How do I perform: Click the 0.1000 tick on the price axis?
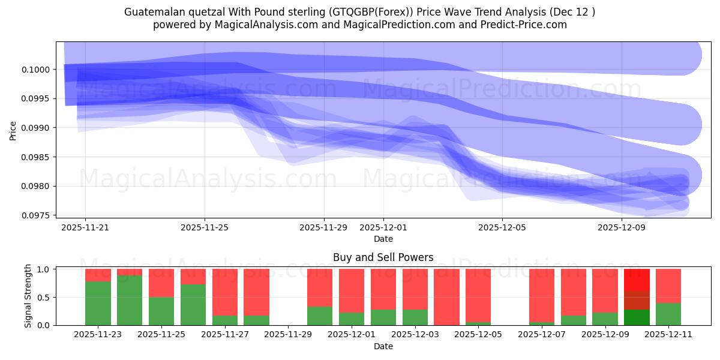click(x=38, y=70)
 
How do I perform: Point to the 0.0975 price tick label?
click(x=38, y=215)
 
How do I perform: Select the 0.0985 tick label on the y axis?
click(x=38, y=157)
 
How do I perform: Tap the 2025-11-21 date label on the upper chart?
click(x=85, y=227)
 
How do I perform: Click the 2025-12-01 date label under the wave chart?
click(x=383, y=227)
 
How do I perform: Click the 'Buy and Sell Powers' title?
click(x=383, y=257)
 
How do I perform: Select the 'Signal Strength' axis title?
click(x=28, y=297)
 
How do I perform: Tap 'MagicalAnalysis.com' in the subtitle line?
click(x=262, y=25)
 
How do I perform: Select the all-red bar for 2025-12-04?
click(x=446, y=297)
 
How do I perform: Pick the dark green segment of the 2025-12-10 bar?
click(x=637, y=317)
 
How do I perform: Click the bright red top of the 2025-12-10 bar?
click(x=637, y=280)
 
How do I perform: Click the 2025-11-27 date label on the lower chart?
click(x=224, y=334)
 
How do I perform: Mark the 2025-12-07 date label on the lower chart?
click(x=542, y=334)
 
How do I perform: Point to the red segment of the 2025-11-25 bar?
click(x=161, y=283)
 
